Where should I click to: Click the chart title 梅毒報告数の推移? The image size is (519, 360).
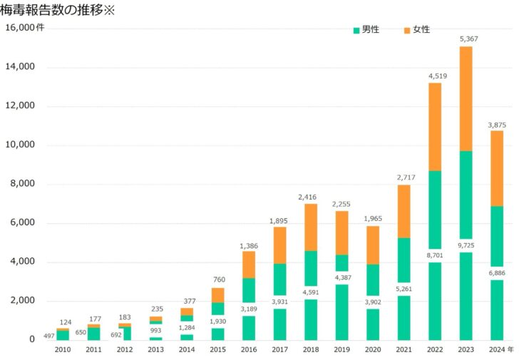tap(57, 10)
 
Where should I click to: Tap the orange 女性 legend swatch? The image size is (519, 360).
tap(407, 30)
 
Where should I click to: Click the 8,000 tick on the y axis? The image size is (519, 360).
tap(21, 184)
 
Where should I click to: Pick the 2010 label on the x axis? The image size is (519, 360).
tap(63, 350)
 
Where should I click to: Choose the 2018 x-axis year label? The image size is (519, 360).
tap(311, 350)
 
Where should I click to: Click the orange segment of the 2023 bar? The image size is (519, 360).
tap(466, 98)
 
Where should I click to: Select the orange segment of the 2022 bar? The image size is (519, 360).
tap(435, 127)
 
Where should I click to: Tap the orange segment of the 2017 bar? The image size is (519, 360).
tap(279, 245)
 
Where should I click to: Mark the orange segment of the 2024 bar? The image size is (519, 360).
tap(497, 168)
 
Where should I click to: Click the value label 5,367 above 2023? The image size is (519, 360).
tap(468, 38)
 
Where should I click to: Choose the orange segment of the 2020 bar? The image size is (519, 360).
tap(373, 245)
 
